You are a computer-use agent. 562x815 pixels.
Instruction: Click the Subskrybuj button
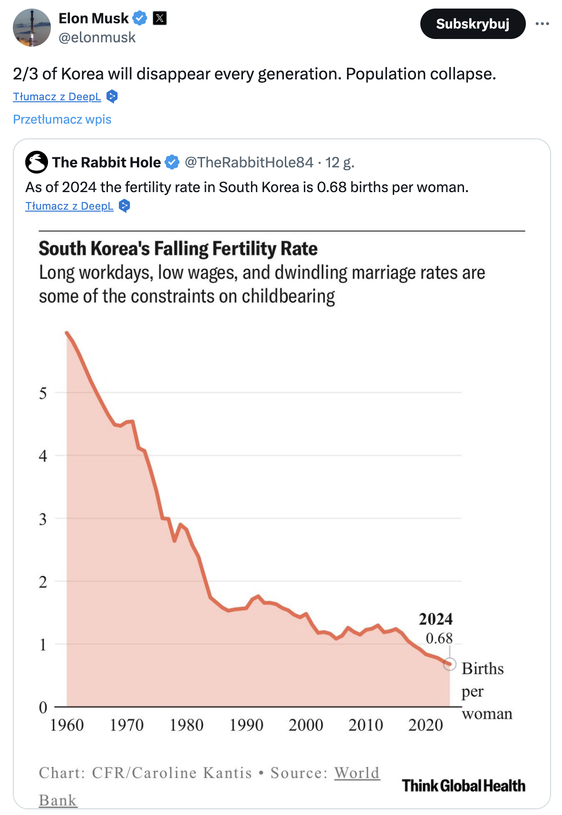[473, 24]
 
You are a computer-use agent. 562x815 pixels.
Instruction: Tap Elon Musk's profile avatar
[32, 28]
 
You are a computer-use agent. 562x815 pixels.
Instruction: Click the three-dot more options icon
[542, 24]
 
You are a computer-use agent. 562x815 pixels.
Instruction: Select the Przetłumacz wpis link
[62, 119]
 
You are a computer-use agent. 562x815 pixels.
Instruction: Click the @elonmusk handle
[97, 38]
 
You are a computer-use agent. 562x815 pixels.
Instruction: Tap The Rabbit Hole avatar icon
[37, 162]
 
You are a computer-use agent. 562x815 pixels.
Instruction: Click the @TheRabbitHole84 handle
[249, 163]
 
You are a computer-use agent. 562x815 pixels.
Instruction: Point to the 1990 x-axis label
[246, 725]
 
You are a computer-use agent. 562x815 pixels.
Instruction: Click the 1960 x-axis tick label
[67, 725]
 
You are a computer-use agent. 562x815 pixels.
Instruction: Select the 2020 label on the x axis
[426, 725]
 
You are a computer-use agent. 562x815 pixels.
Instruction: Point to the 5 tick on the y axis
[43, 393]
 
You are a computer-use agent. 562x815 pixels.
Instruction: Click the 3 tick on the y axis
[43, 519]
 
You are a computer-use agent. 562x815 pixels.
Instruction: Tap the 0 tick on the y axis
[43, 707]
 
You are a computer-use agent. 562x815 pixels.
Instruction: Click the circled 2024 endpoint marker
[449, 664]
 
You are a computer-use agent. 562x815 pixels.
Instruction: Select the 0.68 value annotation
[439, 638]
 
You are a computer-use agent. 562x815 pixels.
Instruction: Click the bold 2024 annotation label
[436, 619]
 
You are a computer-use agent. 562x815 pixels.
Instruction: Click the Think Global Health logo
[464, 786]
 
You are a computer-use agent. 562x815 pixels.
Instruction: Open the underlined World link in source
[357, 773]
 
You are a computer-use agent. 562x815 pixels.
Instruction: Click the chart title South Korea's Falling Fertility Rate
[178, 249]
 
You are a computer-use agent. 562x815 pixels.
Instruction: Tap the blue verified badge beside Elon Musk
[140, 19]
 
